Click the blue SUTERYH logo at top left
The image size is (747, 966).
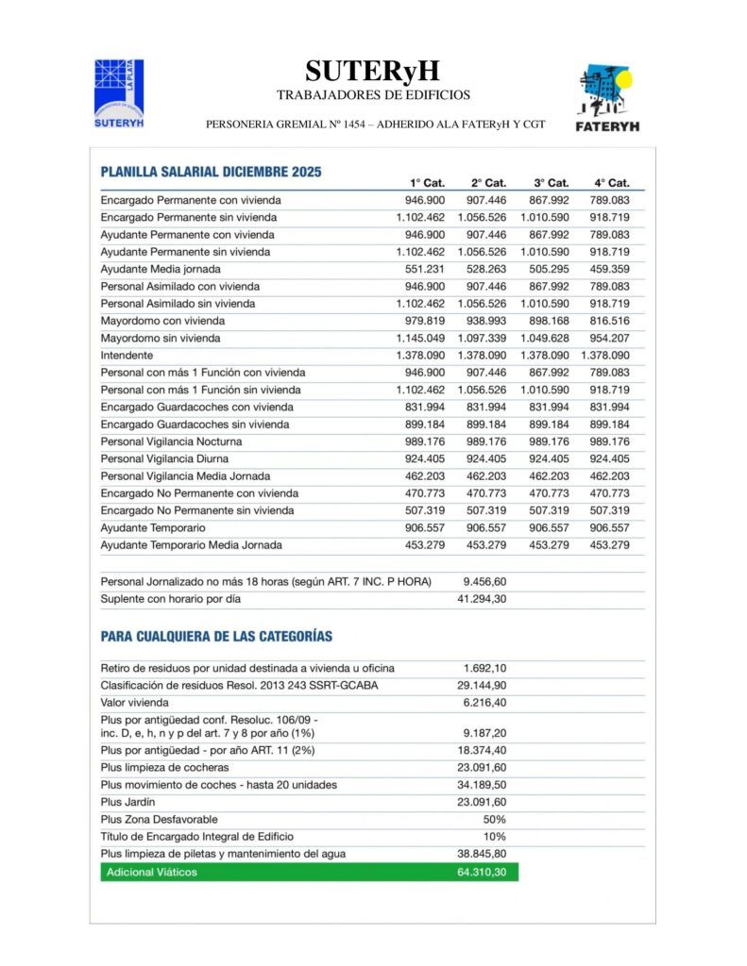(119, 92)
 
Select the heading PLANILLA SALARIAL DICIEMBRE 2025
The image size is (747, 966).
(211, 172)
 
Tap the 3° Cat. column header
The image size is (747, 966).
(551, 182)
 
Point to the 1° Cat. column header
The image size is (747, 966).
(427, 182)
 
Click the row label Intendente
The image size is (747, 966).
(127, 355)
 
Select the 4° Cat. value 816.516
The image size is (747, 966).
(610, 321)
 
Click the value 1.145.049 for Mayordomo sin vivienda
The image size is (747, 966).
(420, 338)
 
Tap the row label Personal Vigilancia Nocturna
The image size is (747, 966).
(171, 441)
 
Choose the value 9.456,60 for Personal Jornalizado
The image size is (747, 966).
(484, 581)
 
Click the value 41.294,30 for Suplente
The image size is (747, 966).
(482, 599)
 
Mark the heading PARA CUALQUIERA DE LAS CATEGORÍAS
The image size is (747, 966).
(216, 637)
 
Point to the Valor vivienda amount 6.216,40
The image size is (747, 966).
(484, 703)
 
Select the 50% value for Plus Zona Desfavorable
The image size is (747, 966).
(494, 819)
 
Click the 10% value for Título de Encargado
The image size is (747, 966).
(494, 836)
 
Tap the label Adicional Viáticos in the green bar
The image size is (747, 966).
(152, 873)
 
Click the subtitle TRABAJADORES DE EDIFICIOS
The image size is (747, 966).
(373, 95)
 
